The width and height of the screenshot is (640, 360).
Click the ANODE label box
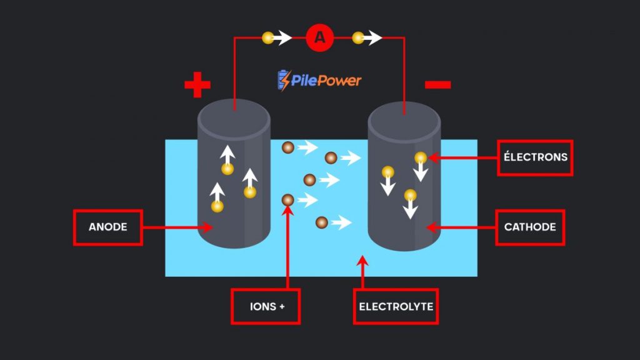pyautogui.click(x=107, y=227)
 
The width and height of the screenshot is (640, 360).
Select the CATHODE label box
pyautogui.click(x=530, y=227)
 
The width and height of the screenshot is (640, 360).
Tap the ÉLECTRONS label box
pyautogui.click(x=536, y=157)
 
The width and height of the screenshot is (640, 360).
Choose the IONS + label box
pyautogui.click(x=266, y=306)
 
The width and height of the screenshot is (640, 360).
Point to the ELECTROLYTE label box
pyautogui.click(x=396, y=306)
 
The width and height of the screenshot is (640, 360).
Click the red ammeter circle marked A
pyautogui.click(x=320, y=38)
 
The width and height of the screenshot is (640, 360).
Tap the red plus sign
pyautogui.click(x=197, y=85)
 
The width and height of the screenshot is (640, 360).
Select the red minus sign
pyautogui.click(x=437, y=84)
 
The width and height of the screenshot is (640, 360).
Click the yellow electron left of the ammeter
pyautogui.click(x=268, y=38)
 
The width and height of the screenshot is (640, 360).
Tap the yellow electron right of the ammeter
pyautogui.click(x=358, y=38)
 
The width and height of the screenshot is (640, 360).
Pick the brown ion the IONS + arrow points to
pyautogui.click(x=287, y=200)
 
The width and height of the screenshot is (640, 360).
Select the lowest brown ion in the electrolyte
pyautogui.click(x=321, y=222)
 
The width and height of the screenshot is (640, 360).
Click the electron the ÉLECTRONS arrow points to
pyautogui.click(x=421, y=157)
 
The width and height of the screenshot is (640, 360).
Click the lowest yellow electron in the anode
pyautogui.click(x=217, y=206)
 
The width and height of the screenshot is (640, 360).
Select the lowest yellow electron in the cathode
pyautogui.click(x=410, y=194)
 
